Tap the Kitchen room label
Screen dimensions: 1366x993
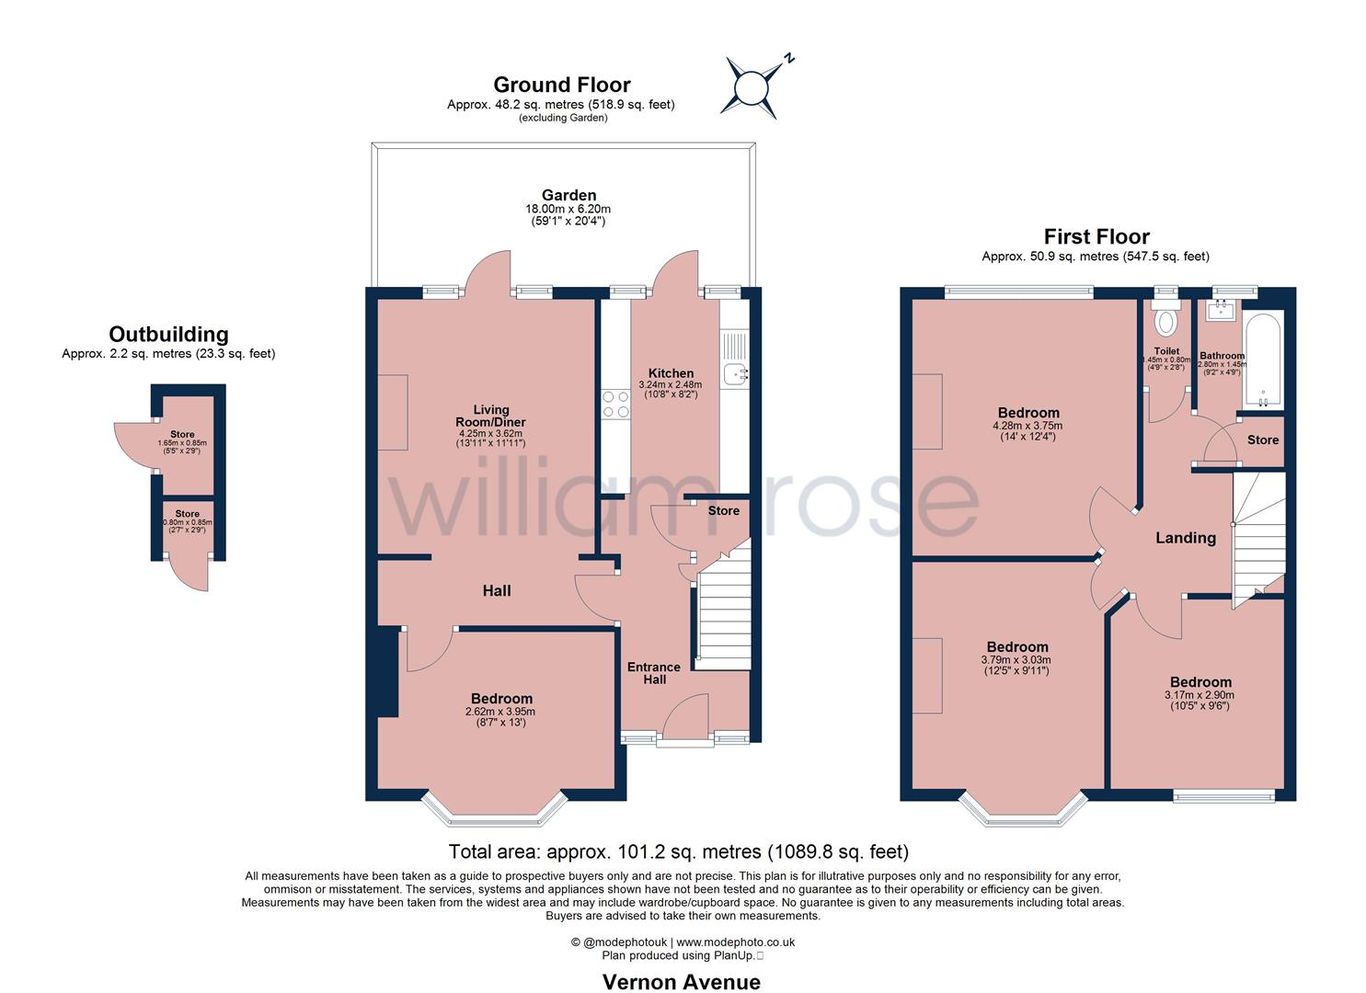click(671, 373)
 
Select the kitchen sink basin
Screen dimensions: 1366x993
click(736, 374)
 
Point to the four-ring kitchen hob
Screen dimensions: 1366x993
click(615, 405)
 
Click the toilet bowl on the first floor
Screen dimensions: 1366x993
click(1165, 321)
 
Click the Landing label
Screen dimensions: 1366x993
click(1186, 538)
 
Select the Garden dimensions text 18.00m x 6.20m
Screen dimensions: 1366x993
click(568, 209)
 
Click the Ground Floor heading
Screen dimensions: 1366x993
click(562, 84)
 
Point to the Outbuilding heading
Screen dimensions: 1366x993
click(168, 334)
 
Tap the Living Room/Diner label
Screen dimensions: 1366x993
click(491, 416)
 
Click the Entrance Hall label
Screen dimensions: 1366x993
click(654, 673)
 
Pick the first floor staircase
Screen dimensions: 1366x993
click(1259, 540)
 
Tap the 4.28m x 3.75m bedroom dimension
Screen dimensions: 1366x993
click(1027, 426)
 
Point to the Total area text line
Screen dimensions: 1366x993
click(679, 851)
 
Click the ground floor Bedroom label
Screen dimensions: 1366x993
click(501, 699)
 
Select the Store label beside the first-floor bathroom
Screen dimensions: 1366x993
click(1262, 440)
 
